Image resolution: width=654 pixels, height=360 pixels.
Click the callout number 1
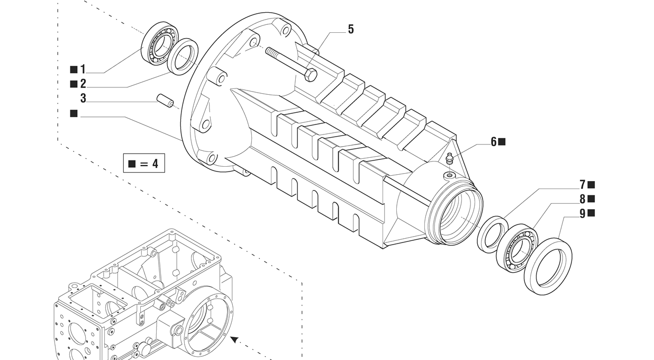83,69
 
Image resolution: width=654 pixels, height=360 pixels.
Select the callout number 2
83,84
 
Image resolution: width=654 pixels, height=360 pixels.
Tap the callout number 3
83,98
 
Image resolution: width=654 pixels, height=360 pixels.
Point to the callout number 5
350,30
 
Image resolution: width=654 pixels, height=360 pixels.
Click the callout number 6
494,141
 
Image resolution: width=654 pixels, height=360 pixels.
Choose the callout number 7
583,185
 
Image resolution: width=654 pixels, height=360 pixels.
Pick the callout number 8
583,199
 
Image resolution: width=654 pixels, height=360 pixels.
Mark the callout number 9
583,213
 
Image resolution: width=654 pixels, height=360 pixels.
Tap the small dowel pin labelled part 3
165,101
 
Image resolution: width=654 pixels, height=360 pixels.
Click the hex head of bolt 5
311,74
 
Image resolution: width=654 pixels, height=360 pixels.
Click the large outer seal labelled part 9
548,266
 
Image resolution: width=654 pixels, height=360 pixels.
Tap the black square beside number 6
502,141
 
